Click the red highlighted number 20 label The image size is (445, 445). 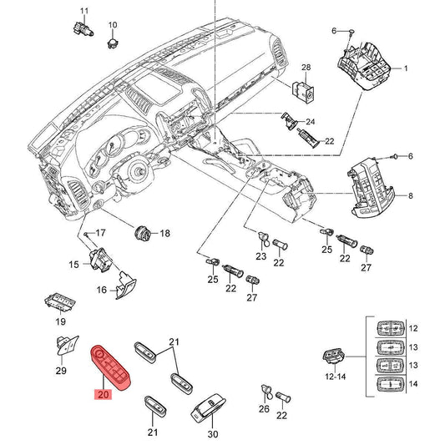pos(104,394)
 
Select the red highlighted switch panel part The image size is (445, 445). pos(111,367)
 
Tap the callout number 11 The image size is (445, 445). pos(84,11)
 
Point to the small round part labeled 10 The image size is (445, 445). pos(113,43)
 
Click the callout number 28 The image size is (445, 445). pos(306,68)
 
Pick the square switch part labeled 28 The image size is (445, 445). pos(303,92)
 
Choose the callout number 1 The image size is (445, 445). pos(406,68)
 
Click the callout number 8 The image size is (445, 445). pos(411,195)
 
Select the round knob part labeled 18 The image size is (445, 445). pos(142,233)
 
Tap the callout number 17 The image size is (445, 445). pos(100,233)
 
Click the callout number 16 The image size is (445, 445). pos(102,290)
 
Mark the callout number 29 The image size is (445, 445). pos(61,371)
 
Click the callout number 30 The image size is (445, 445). pos(213,434)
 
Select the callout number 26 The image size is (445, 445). pos(264,408)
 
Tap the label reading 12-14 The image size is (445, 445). pos(336,377)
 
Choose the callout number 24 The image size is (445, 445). pos(311,122)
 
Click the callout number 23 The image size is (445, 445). pos(261,256)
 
